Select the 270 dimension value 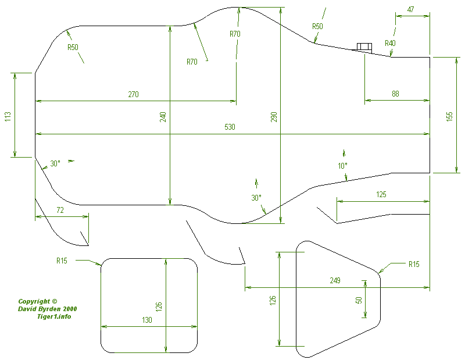133,94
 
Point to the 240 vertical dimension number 163,116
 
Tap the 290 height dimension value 274,116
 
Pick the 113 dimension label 8,116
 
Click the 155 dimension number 449,116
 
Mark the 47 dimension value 411,9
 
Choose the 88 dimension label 395,94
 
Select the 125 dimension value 381,194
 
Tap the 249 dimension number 335,280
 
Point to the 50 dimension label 359,300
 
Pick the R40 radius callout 390,44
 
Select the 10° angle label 342,166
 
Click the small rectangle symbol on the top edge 364,47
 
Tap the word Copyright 34,301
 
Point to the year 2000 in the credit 68,309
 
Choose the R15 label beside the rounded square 62,261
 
